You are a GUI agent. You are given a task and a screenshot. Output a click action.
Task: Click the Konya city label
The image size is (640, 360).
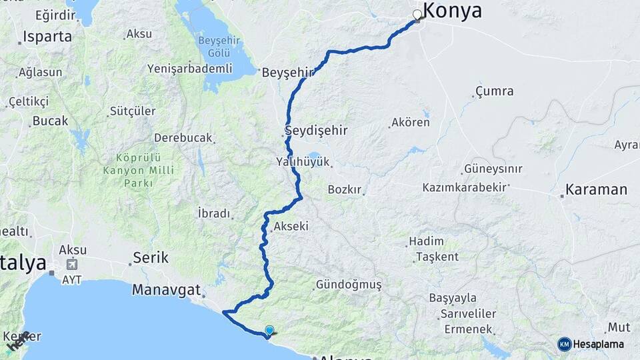(453, 11)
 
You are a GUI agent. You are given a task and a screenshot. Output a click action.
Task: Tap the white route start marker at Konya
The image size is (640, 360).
(418, 15)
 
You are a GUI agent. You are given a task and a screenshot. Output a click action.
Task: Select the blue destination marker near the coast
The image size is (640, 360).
(269, 330)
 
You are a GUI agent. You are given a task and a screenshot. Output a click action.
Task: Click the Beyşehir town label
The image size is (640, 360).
(287, 72)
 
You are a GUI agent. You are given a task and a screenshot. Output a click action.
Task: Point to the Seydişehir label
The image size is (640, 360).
(317, 130)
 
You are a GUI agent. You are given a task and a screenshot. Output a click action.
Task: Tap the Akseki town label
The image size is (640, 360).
(291, 227)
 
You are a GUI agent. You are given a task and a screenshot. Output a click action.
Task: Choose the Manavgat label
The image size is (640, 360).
(166, 290)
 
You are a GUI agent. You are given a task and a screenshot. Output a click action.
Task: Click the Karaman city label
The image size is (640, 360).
(596, 190)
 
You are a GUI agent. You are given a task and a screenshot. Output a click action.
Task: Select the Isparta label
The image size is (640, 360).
(47, 37)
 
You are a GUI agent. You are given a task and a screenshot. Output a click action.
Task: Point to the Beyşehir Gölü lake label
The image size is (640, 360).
(214, 47)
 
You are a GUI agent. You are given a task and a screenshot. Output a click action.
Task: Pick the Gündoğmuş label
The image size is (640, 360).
(349, 285)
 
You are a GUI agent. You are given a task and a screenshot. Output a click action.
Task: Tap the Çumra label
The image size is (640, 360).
(495, 91)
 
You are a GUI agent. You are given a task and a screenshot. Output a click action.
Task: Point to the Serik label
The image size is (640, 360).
(151, 257)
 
